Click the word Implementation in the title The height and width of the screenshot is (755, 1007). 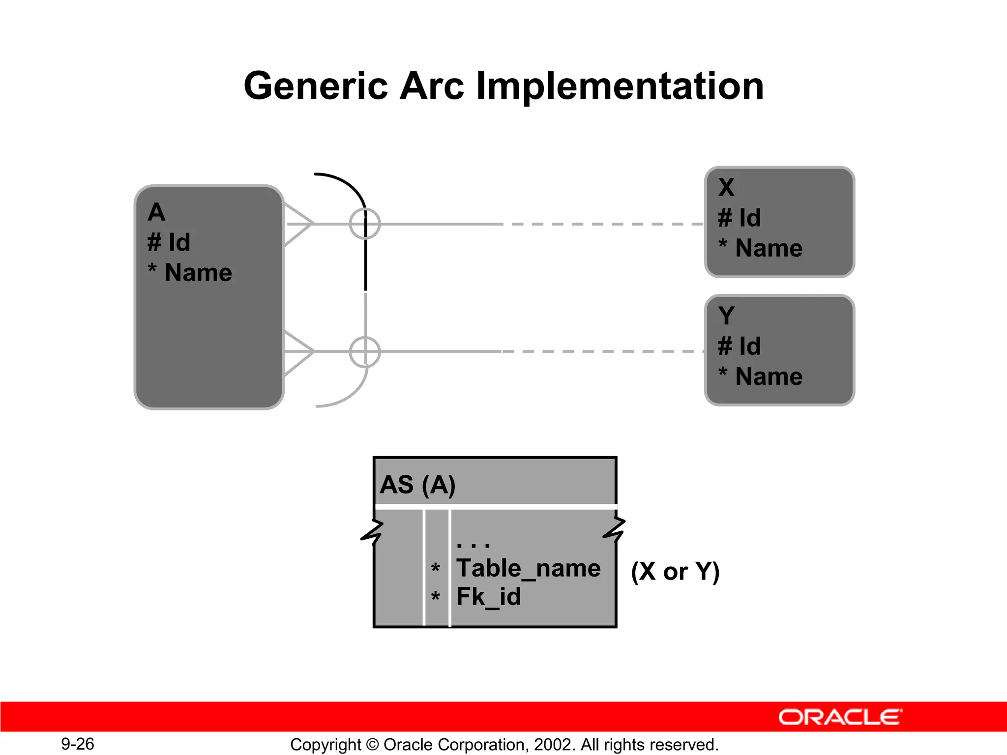point(620,86)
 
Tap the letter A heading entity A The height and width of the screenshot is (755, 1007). point(156,212)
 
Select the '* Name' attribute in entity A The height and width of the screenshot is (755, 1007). point(190,272)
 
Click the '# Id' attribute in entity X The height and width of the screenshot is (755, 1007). point(739,218)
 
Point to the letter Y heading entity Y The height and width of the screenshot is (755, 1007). point(726,316)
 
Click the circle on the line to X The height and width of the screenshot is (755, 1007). point(365,224)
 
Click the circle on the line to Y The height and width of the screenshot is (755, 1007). point(365,352)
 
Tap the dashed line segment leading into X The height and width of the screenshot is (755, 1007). point(605,224)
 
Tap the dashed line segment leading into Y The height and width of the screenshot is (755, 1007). point(605,352)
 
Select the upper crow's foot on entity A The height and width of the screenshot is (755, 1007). point(298,224)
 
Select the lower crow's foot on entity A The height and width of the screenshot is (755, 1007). point(298,352)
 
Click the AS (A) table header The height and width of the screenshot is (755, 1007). point(418,485)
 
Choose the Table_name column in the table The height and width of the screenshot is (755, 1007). point(528,569)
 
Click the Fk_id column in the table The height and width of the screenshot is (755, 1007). point(488,597)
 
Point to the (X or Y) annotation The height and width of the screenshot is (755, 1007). point(675,572)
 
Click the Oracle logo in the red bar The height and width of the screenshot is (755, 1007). point(840,717)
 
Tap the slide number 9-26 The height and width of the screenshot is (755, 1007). point(78,744)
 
